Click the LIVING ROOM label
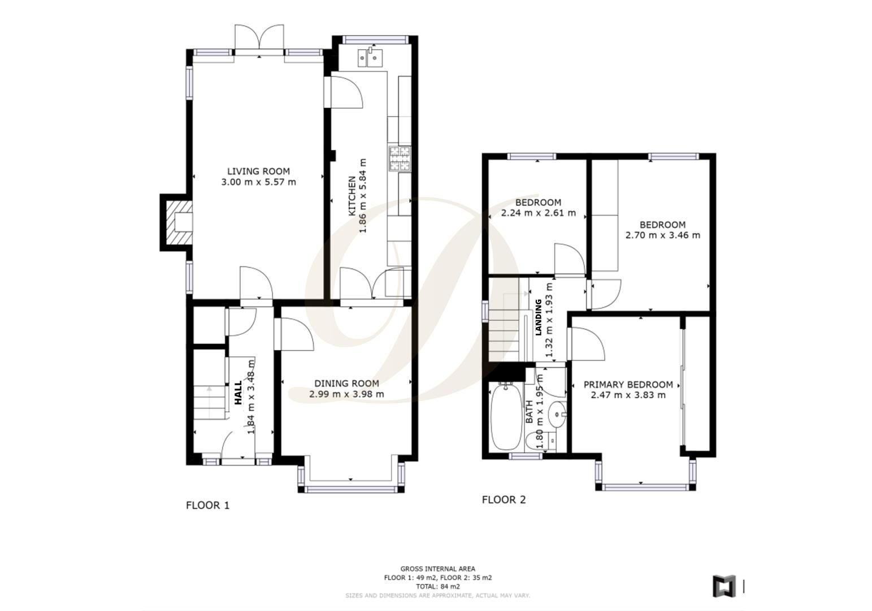(x=258, y=171)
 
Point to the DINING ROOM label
(x=346, y=384)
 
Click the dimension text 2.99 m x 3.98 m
(x=346, y=394)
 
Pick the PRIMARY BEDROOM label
(x=628, y=385)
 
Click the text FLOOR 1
(x=207, y=505)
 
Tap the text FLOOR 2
(x=504, y=500)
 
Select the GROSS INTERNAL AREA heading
(x=437, y=569)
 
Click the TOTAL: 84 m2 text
(x=437, y=587)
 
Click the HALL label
(x=238, y=393)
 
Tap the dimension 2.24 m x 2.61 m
(x=538, y=213)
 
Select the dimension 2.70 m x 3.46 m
(x=662, y=235)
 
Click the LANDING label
(x=538, y=317)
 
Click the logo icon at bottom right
(x=723, y=586)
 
